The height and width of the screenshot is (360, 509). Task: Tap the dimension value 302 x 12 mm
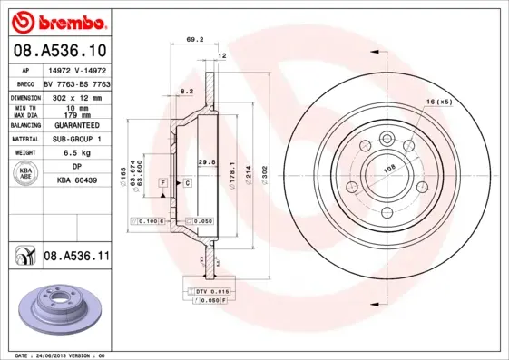77,95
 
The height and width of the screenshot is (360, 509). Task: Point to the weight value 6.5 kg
76,153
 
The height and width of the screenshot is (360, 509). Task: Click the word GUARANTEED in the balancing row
77,124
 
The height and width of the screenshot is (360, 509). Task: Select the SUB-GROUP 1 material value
77,139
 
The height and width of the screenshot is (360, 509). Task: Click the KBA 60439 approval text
77,180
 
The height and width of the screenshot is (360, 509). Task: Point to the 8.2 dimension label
186,92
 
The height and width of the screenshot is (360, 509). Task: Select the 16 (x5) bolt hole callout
438,102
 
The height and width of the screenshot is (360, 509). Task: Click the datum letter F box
162,183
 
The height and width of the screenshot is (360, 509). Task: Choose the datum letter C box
186,183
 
